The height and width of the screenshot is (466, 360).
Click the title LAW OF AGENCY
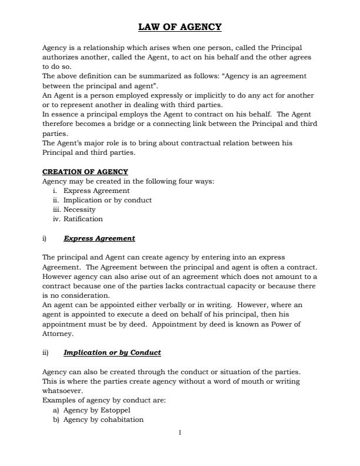point(179,27)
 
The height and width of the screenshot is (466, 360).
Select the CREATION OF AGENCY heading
point(85,172)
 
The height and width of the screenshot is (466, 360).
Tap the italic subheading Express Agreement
point(99,238)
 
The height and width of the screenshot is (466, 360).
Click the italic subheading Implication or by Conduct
point(112,352)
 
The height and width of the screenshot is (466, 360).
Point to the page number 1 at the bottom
point(180,433)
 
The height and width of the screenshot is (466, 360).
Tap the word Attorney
point(58,333)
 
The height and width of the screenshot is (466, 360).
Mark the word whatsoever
point(62,391)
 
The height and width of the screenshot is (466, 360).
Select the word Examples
point(58,400)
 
